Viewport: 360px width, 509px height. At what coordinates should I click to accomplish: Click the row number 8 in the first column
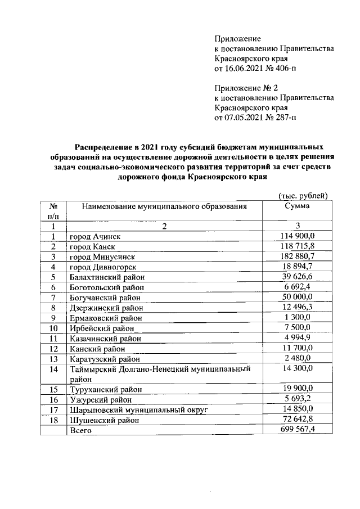point(53,307)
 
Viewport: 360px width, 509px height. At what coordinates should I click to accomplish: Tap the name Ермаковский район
point(104,318)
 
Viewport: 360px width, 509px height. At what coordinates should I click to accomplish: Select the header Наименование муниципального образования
point(164,206)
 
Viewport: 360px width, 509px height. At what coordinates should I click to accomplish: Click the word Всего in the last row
point(79,430)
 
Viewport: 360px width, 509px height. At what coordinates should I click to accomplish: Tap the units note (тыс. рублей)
point(303,195)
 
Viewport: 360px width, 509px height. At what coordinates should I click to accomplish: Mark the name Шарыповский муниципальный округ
point(138,409)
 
